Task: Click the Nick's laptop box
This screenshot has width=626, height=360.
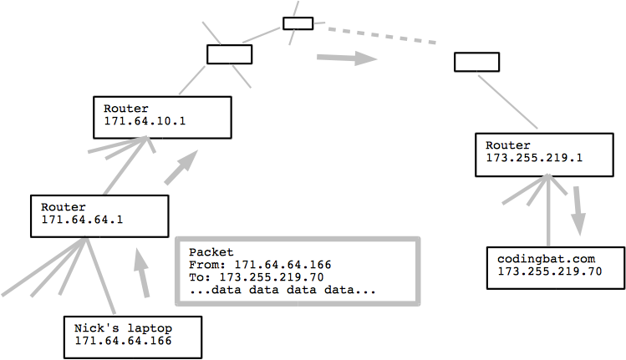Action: pyautogui.click(x=133, y=336)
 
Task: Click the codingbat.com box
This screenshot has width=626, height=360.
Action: pyautogui.click(x=555, y=266)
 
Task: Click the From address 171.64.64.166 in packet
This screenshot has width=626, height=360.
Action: pyautogui.click(x=277, y=265)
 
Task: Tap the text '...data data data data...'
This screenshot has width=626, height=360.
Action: pyautogui.click(x=282, y=291)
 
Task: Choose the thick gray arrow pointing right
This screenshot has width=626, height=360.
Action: pyautogui.click(x=345, y=58)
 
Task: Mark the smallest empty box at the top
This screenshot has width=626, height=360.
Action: pyautogui.click(x=298, y=23)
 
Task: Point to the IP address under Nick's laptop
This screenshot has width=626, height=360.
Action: pyautogui.click(x=123, y=342)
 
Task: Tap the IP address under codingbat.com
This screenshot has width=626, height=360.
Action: pyautogui.click(x=549, y=272)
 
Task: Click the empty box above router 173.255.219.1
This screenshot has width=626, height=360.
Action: pyautogui.click(x=476, y=62)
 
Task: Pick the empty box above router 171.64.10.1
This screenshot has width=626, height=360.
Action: pyautogui.click(x=229, y=54)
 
